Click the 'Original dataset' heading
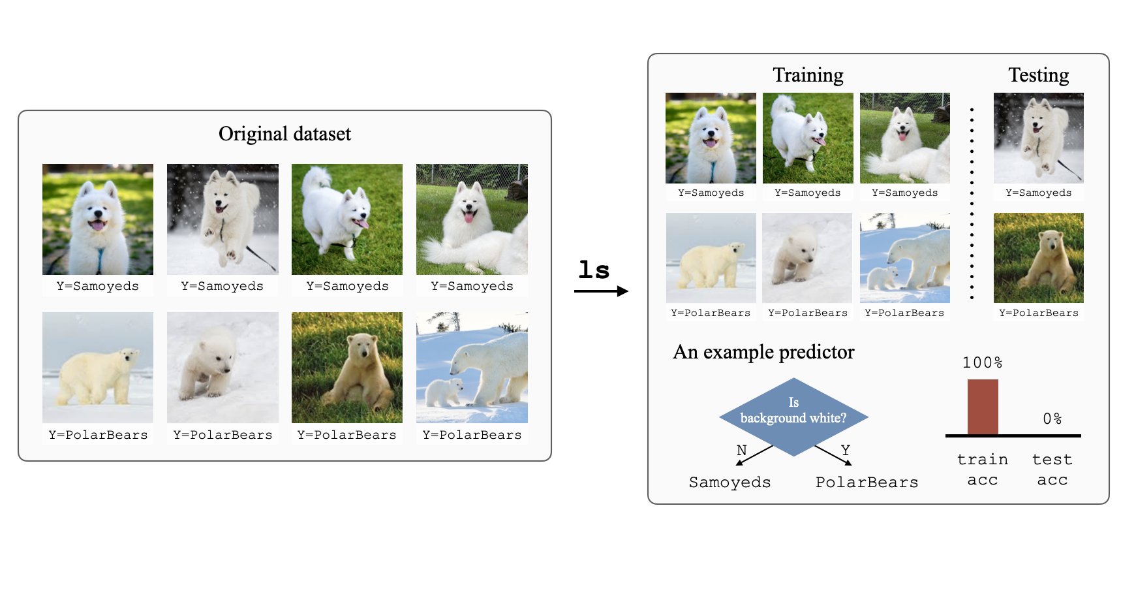coord(284,134)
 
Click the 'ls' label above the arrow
coord(594,270)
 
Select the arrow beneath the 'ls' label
coord(601,291)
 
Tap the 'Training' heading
coord(808,75)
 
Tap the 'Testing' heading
coord(1038,75)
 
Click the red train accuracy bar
coord(983,407)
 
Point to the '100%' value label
coord(982,362)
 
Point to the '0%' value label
coord(1052,419)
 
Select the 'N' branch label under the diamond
coord(741,450)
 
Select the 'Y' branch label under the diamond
coord(846,450)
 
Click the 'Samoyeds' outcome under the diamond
coord(729,483)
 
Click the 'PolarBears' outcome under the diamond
coord(867,483)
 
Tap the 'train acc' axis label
coord(983,470)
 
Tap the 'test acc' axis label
coord(1052,470)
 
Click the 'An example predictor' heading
coord(763,352)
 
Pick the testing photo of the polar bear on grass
coord(1038,258)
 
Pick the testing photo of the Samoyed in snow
coord(1038,138)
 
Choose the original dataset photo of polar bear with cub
coord(472,368)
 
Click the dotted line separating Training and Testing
coord(972,203)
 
